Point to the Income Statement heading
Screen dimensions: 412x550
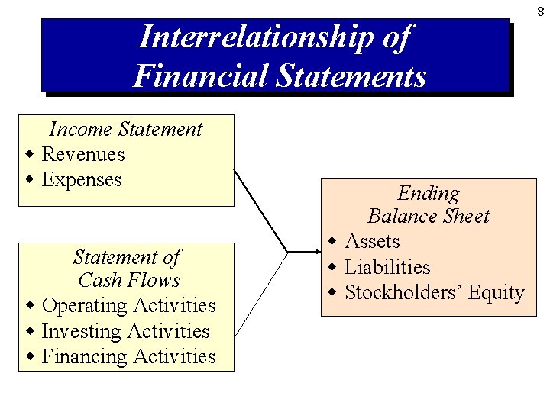pos(126,129)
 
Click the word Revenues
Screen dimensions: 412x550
pos(83,154)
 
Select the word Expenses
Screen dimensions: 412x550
pos(82,179)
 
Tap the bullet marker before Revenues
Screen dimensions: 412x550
pos(29,155)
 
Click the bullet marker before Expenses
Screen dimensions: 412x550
pos(29,180)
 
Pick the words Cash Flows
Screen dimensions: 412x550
pos(129,280)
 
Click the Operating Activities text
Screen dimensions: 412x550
pos(129,305)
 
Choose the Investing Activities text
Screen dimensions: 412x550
pos(125,331)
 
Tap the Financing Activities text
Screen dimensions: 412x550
pos(129,356)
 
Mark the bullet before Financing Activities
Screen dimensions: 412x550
pos(29,357)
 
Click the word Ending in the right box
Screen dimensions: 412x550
pos(429,194)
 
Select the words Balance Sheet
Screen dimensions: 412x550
pos(429,216)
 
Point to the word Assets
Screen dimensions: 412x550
pos(373,242)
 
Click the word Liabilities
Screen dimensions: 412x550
pos(387,267)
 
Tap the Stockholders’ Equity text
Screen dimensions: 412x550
pos(435,292)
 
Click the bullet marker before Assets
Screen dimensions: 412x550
pos(332,242)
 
